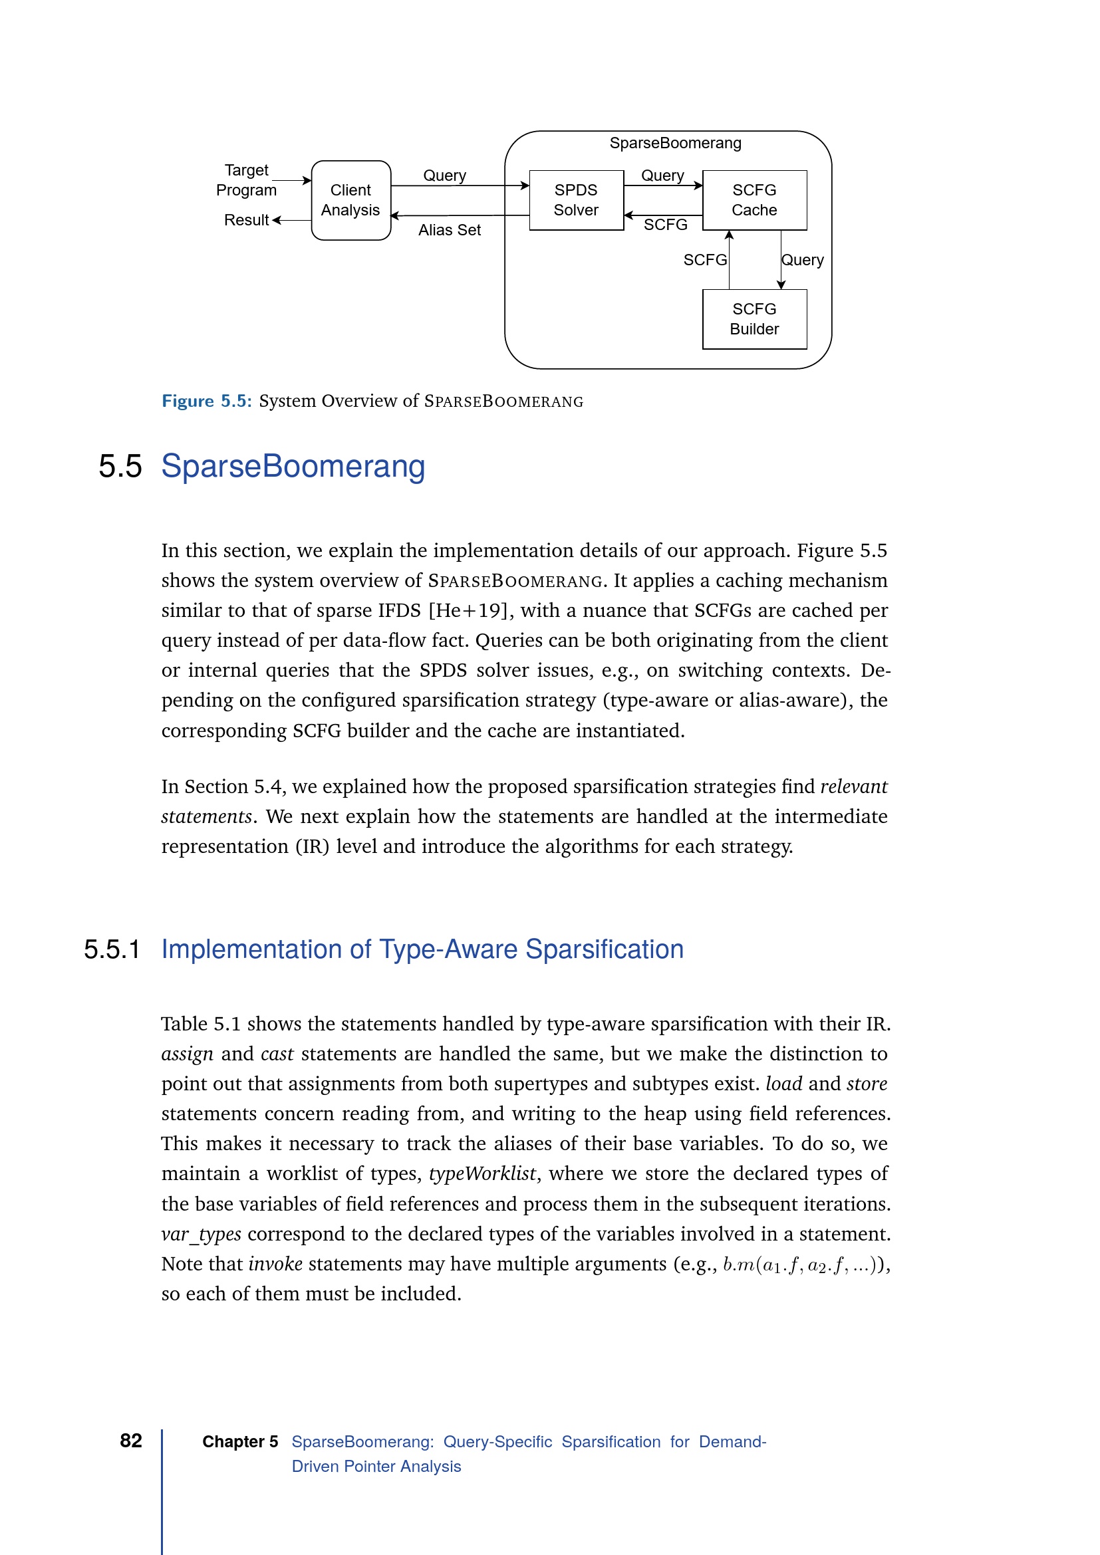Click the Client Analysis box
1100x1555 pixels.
351,201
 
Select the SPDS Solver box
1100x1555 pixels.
576,201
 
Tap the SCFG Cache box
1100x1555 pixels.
754,201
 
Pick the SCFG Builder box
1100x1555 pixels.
754,319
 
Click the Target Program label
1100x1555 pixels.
246,180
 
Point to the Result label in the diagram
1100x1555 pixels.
246,220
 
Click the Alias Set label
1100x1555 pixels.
449,230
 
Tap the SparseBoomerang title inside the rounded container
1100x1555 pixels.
674,144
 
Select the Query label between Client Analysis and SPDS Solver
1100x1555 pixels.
444,176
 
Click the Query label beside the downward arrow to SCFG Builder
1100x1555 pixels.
803,260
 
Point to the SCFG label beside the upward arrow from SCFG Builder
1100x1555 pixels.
704,260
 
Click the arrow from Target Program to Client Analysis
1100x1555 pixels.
292,181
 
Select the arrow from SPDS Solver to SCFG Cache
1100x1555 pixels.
663,185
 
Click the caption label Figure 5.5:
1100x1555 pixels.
207,402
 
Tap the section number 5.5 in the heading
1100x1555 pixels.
120,467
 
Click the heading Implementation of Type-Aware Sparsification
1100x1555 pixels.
422,949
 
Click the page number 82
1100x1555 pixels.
131,1441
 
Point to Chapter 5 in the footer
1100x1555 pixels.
240,1442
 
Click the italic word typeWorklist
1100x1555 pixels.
483,1173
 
